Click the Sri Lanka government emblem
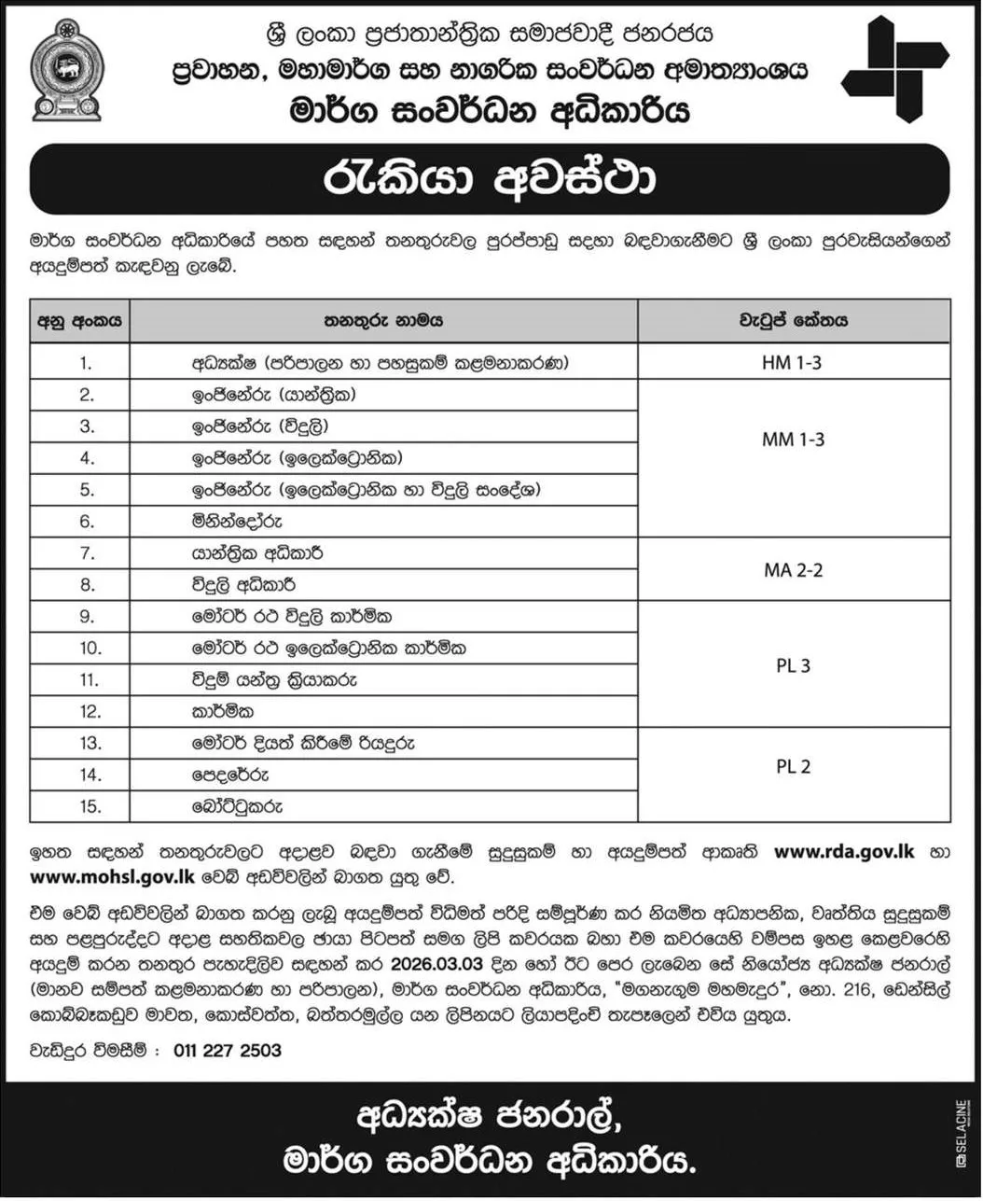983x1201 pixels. coord(62,70)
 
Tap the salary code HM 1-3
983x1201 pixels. coord(792,362)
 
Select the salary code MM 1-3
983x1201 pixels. coord(793,440)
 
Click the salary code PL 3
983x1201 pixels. coord(793,665)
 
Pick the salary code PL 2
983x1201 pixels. coord(793,767)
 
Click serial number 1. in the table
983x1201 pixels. coord(87,362)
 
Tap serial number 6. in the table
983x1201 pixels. coord(87,521)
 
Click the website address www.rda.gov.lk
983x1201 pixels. coord(843,851)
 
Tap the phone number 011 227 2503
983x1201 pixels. coord(228,1051)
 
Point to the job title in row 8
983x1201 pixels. coord(243,585)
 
